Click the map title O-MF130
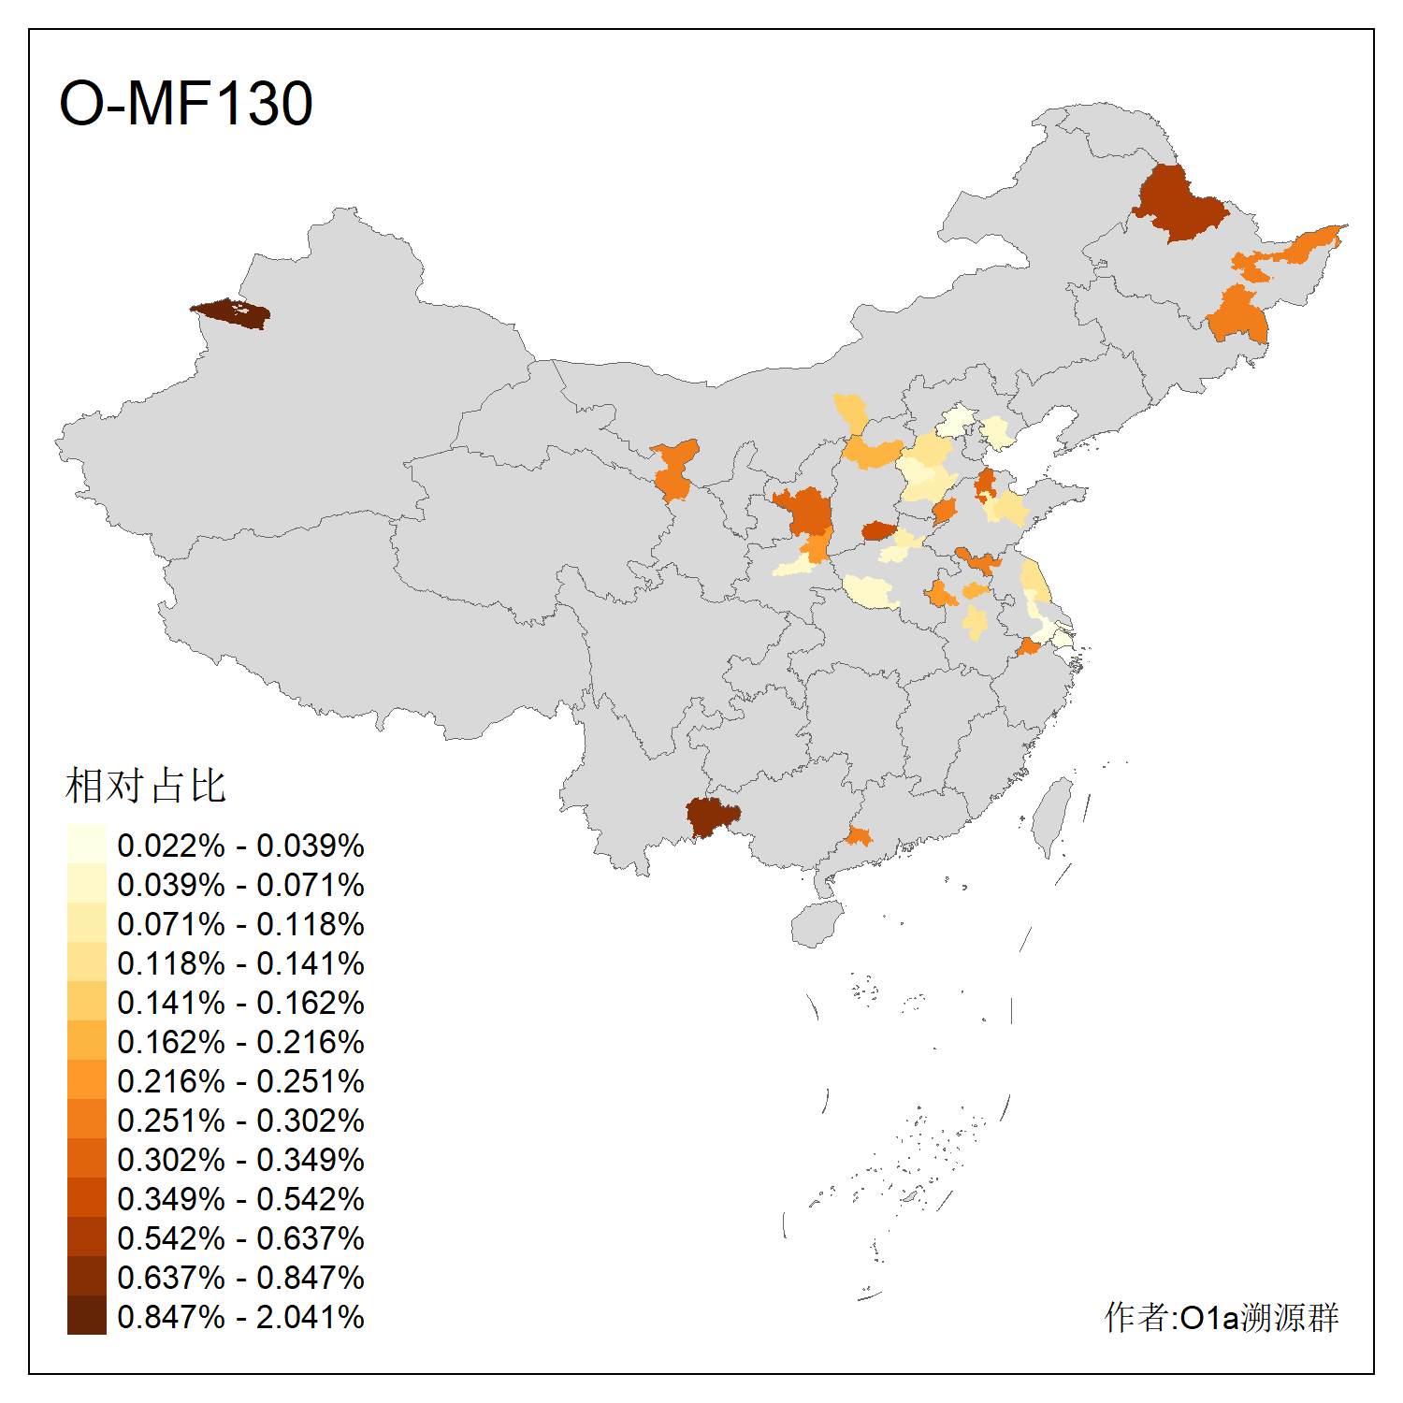tap(186, 103)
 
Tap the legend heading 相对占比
tap(146, 786)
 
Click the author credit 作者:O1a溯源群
tap(1222, 1317)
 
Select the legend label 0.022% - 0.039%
tap(240, 846)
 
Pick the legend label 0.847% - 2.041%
tap(240, 1317)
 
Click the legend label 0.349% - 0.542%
tap(240, 1199)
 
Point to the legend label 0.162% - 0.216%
tap(240, 1042)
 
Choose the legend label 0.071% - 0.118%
tap(240, 924)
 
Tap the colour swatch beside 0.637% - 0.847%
tap(86, 1278)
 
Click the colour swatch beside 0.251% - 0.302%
tap(86, 1121)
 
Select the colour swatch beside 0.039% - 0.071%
tap(86, 885)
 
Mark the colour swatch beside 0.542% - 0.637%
tap(86, 1238)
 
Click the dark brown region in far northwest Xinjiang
tap(234, 313)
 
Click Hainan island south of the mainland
tap(817, 924)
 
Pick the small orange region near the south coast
tap(859, 835)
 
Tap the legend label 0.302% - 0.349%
tap(240, 1160)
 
